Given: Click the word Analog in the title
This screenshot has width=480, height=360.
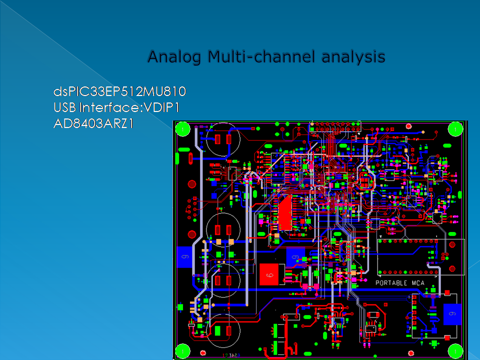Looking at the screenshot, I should click(x=175, y=56).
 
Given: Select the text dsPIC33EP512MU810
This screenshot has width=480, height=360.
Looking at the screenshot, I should click(x=119, y=92).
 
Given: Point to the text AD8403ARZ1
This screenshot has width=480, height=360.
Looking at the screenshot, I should click(x=93, y=123).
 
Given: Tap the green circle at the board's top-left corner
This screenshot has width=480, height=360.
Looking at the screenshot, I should click(x=184, y=129).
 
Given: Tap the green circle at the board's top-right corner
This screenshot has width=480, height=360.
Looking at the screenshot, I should click(x=455, y=129).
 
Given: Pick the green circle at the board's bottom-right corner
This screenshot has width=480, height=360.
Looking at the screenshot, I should click(x=455, y=350).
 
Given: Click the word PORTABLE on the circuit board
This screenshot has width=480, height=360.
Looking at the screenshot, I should click(x=392, y=283).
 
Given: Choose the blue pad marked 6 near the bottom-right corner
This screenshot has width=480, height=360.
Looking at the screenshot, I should click(x=452, y=314).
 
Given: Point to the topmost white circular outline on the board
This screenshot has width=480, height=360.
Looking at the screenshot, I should click(x=221, y=138).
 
